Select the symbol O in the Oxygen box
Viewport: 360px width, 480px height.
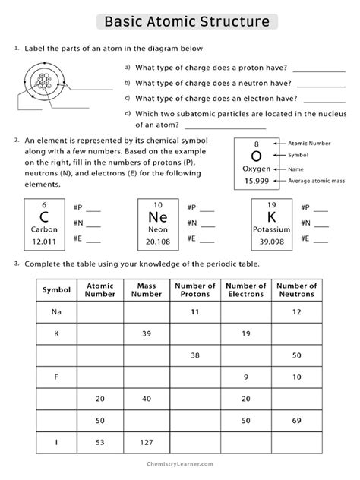pos(256,155)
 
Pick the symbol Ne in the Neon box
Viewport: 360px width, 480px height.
pos(157,217)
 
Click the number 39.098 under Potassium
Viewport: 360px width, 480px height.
pos(271,242)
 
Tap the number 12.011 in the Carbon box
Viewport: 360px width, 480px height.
pos(44,242)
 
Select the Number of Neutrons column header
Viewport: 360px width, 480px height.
pos(295,290)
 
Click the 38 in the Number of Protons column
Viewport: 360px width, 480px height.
pos(194,355)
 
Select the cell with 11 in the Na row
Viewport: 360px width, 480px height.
pos(194,312)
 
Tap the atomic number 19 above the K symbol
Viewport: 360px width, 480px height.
pos(271,205)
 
